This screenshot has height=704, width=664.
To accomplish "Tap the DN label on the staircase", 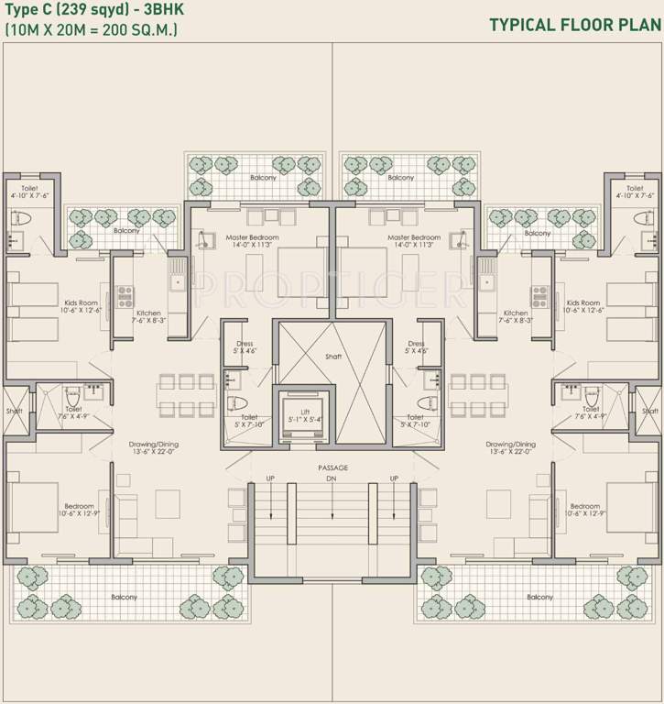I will (332, 478).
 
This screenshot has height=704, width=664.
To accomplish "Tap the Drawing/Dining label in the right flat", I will (511, 445).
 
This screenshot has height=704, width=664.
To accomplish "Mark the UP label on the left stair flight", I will (269, 478).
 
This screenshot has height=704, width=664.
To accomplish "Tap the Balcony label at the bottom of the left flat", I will (125, 597).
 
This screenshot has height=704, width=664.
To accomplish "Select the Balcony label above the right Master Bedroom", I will (400, 178).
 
